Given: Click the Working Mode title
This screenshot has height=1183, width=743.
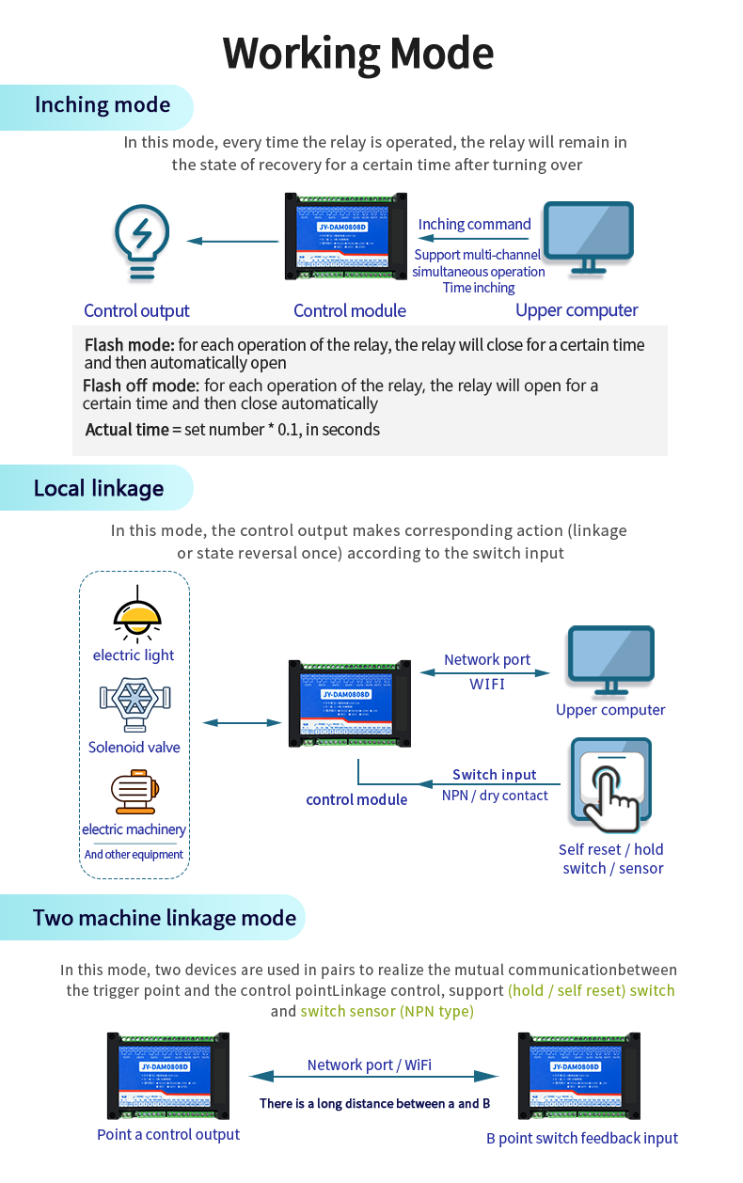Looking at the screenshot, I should point(358,54).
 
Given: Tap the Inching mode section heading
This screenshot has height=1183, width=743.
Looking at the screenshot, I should point(103,104).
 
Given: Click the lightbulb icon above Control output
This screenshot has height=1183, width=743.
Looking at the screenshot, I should point(141,242).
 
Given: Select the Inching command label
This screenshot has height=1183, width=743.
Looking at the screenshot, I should point(474,224).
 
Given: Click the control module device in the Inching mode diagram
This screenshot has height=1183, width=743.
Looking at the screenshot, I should point(346,237).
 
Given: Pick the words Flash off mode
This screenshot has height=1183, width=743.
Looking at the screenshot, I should point(140,386).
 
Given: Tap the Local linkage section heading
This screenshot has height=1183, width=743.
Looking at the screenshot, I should point(99,488).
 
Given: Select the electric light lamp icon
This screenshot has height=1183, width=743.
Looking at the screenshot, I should point(136,613).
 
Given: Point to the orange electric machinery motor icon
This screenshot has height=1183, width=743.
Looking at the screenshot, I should point(134,792).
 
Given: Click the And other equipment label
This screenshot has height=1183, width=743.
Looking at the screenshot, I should point(134,855).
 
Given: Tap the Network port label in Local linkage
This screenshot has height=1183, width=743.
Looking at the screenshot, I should point(487,660).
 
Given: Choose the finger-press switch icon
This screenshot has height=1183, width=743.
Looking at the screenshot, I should point(610,786).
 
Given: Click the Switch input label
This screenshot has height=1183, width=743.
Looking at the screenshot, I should point(494,775).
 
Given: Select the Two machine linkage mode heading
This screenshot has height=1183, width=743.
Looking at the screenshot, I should point(165,918).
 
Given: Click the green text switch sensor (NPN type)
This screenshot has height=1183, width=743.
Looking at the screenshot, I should point(387,1011).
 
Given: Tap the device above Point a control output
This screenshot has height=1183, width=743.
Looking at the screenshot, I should point(167,1075).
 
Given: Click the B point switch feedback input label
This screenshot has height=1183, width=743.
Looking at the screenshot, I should point(581,1138).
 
